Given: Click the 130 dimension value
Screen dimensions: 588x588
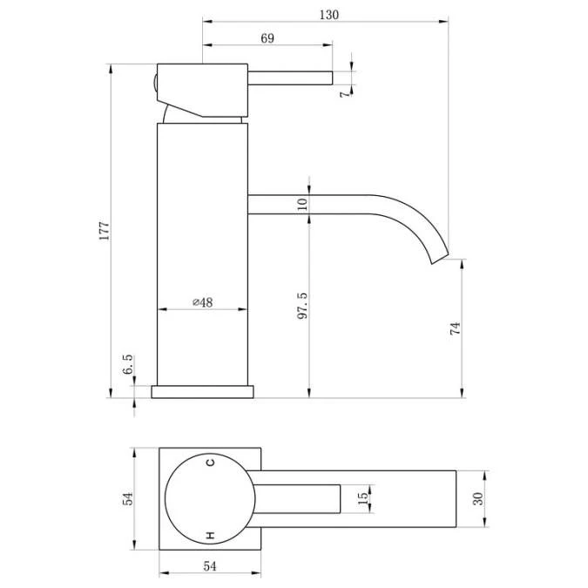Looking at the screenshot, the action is [x=329, y=15].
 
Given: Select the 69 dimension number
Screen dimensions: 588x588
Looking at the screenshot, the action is [x=267, y=38].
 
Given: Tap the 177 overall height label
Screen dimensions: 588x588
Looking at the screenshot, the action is [x=104, y=231].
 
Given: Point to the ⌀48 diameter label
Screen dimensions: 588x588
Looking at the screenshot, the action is [x=202, y=302].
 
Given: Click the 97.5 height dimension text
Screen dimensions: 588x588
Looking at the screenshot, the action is [x=302, y=306].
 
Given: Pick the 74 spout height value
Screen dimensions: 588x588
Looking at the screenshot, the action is [x=455, y=328].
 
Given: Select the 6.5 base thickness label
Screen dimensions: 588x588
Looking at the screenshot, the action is [x=128, y=364].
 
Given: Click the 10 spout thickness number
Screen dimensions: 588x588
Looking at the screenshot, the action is [x=302, y=205].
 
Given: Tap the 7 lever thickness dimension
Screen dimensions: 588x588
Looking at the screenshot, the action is [x=345, y=93].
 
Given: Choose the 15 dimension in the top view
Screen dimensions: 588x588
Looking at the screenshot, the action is [x=362, y=498].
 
